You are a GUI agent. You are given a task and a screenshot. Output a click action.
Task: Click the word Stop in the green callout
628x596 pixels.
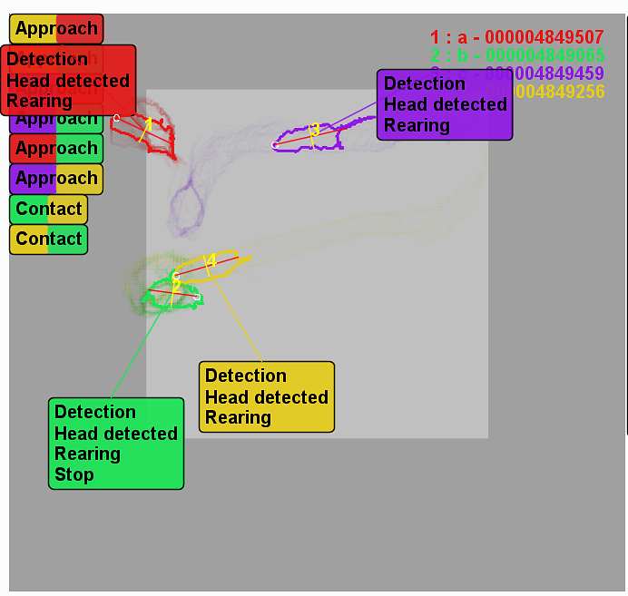[74, 474]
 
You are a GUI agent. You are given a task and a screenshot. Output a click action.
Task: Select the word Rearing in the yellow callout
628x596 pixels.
[238, 418]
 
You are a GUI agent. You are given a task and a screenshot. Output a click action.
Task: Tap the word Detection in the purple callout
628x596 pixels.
[424, 83]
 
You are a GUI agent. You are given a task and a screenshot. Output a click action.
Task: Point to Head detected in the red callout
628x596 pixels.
[68, 81]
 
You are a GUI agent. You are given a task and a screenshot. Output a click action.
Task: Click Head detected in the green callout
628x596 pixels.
[116, 434]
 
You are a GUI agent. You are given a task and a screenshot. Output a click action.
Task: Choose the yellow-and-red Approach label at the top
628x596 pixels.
[56, 29]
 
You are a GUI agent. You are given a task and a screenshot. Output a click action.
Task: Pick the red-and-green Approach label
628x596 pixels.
[56, 149]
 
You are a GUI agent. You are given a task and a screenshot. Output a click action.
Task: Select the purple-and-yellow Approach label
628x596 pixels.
[56, 179]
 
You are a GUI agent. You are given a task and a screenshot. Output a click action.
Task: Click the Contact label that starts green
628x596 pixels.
[49, 209]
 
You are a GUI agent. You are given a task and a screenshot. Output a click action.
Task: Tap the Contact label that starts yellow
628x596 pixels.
[49, 239]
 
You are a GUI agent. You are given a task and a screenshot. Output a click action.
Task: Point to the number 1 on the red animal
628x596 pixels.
[148, 124]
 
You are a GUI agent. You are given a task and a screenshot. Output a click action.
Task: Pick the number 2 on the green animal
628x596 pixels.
[175, 285]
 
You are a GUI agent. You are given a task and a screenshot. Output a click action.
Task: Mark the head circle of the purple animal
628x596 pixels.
[275, 145]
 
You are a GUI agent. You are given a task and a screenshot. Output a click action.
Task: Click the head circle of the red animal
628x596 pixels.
[117, 117]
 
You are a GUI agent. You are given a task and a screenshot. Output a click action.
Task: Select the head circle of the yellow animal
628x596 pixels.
[177, 275]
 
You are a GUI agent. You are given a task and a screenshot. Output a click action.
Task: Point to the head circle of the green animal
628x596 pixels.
[197, 297]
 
